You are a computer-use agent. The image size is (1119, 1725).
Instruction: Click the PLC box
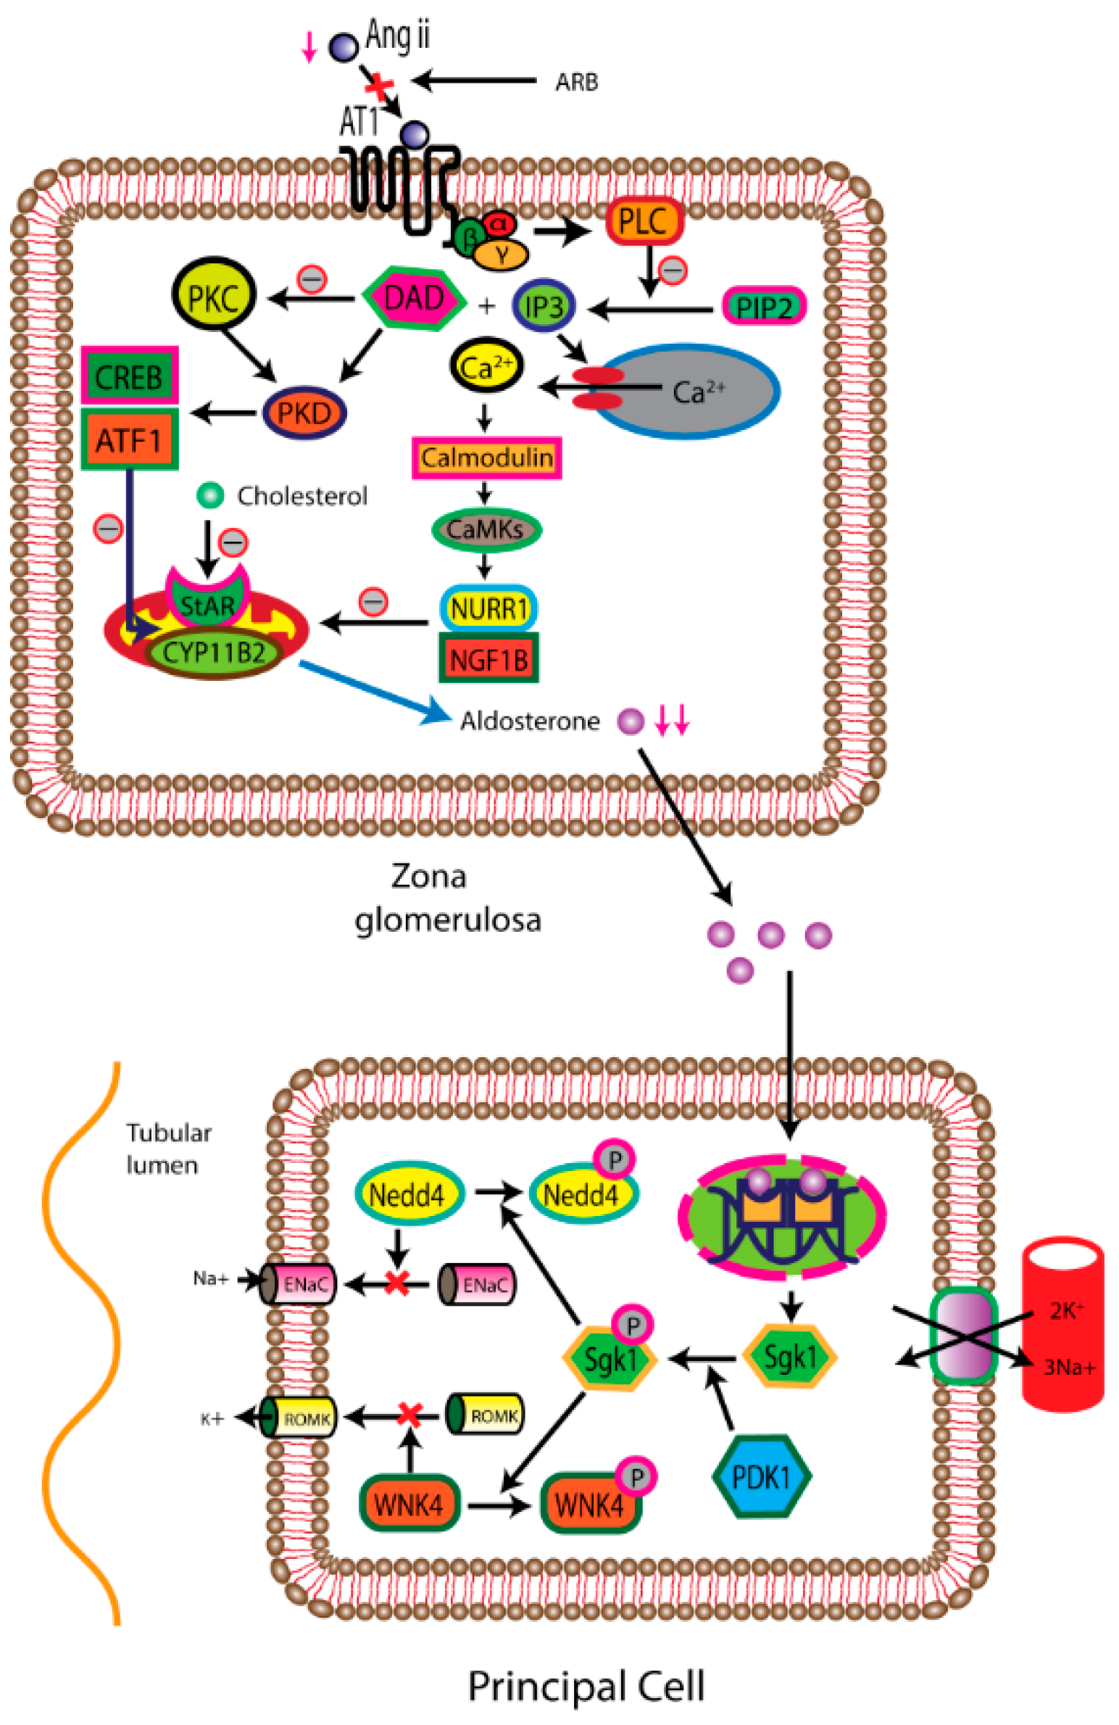(643, 220)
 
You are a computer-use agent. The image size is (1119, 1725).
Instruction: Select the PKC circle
(212, 297)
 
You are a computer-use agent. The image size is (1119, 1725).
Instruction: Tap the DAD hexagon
(414, 298)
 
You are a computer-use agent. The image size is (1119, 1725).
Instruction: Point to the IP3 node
(544, 307)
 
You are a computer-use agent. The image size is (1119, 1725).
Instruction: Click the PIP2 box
(764, 307)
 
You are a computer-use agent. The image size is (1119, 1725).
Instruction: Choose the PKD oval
(304, 413)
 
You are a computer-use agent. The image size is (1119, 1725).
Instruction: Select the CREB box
(129, 377)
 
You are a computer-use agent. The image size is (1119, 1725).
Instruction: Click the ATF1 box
(129, 439)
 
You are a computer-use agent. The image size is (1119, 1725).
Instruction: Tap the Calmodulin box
(486, 458)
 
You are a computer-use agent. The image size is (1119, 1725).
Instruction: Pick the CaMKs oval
(486, 530)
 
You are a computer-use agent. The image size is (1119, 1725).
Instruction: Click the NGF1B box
(488, 659)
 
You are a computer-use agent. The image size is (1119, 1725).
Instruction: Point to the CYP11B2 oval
(213, 653)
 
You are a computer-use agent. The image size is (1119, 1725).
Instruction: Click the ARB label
(576, 83)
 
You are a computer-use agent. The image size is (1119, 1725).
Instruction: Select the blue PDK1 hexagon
(761, 1476)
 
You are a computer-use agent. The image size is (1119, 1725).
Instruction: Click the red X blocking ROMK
(409, 1415)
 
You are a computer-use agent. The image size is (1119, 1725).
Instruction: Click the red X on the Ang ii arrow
(378, 87)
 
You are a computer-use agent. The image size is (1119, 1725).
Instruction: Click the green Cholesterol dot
(210, 496)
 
